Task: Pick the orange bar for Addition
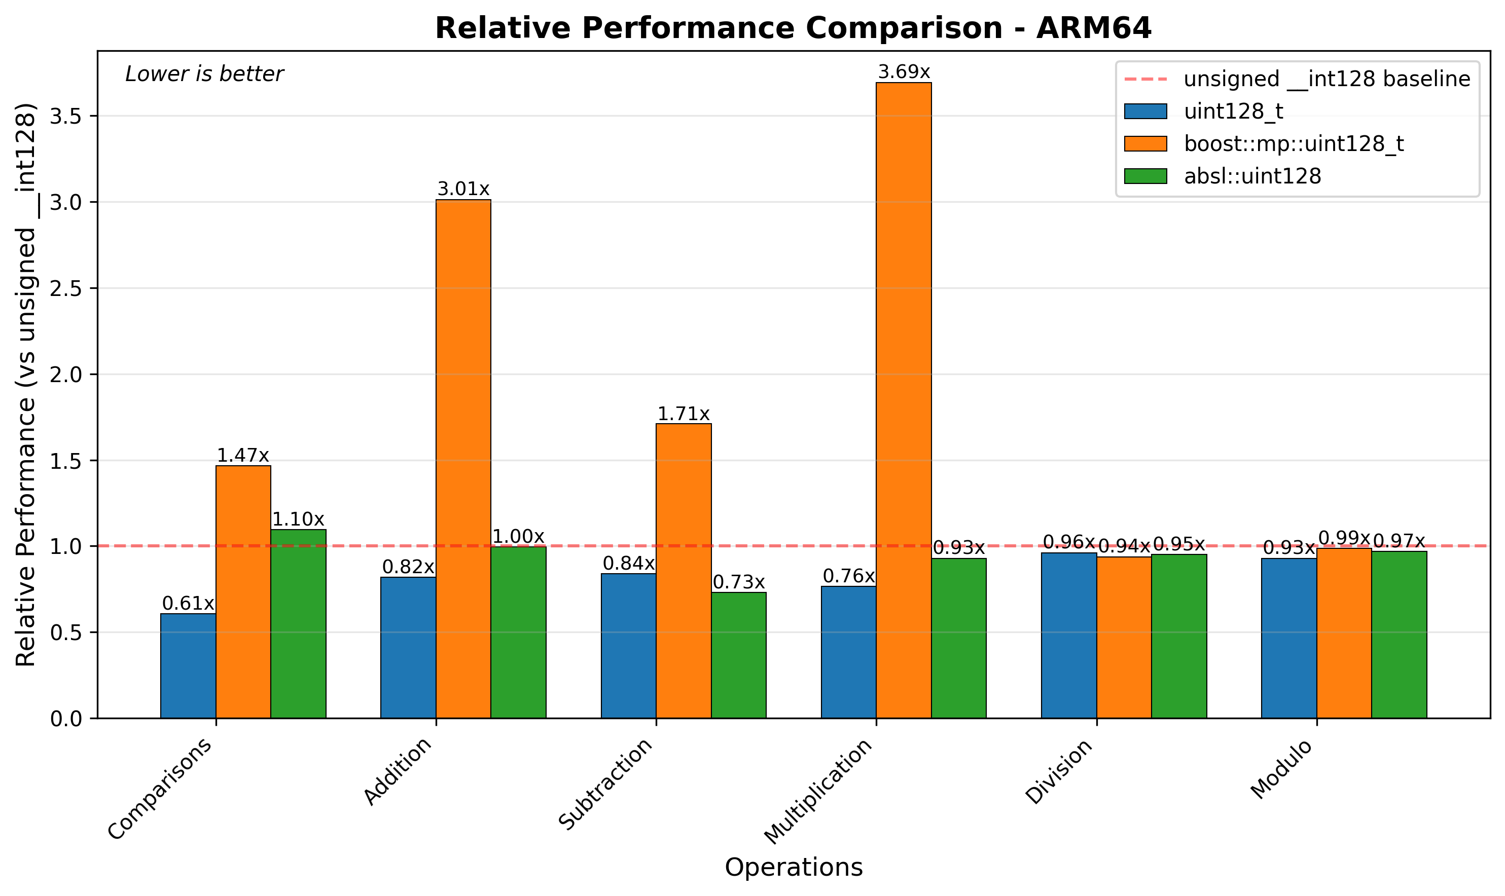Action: click(x=463, y=459)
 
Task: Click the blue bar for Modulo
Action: click(x=1289, y=638)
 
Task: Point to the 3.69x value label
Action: click(x=904, y=72)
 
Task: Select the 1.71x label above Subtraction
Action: click(x=683, y=414)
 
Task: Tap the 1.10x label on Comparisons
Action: click(x=298, y=519)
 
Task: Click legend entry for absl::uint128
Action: click(x=1252, y=176)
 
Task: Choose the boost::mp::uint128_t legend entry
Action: click(x=1294, y=144)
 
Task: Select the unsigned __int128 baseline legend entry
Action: click(x=1326, y=79)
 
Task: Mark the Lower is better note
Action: click(x=204, y=74)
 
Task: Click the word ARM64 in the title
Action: click(x=1094, y=28)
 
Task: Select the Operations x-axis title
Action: click(x=793, y=867)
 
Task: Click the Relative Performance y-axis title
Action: click(x=26, y=385)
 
